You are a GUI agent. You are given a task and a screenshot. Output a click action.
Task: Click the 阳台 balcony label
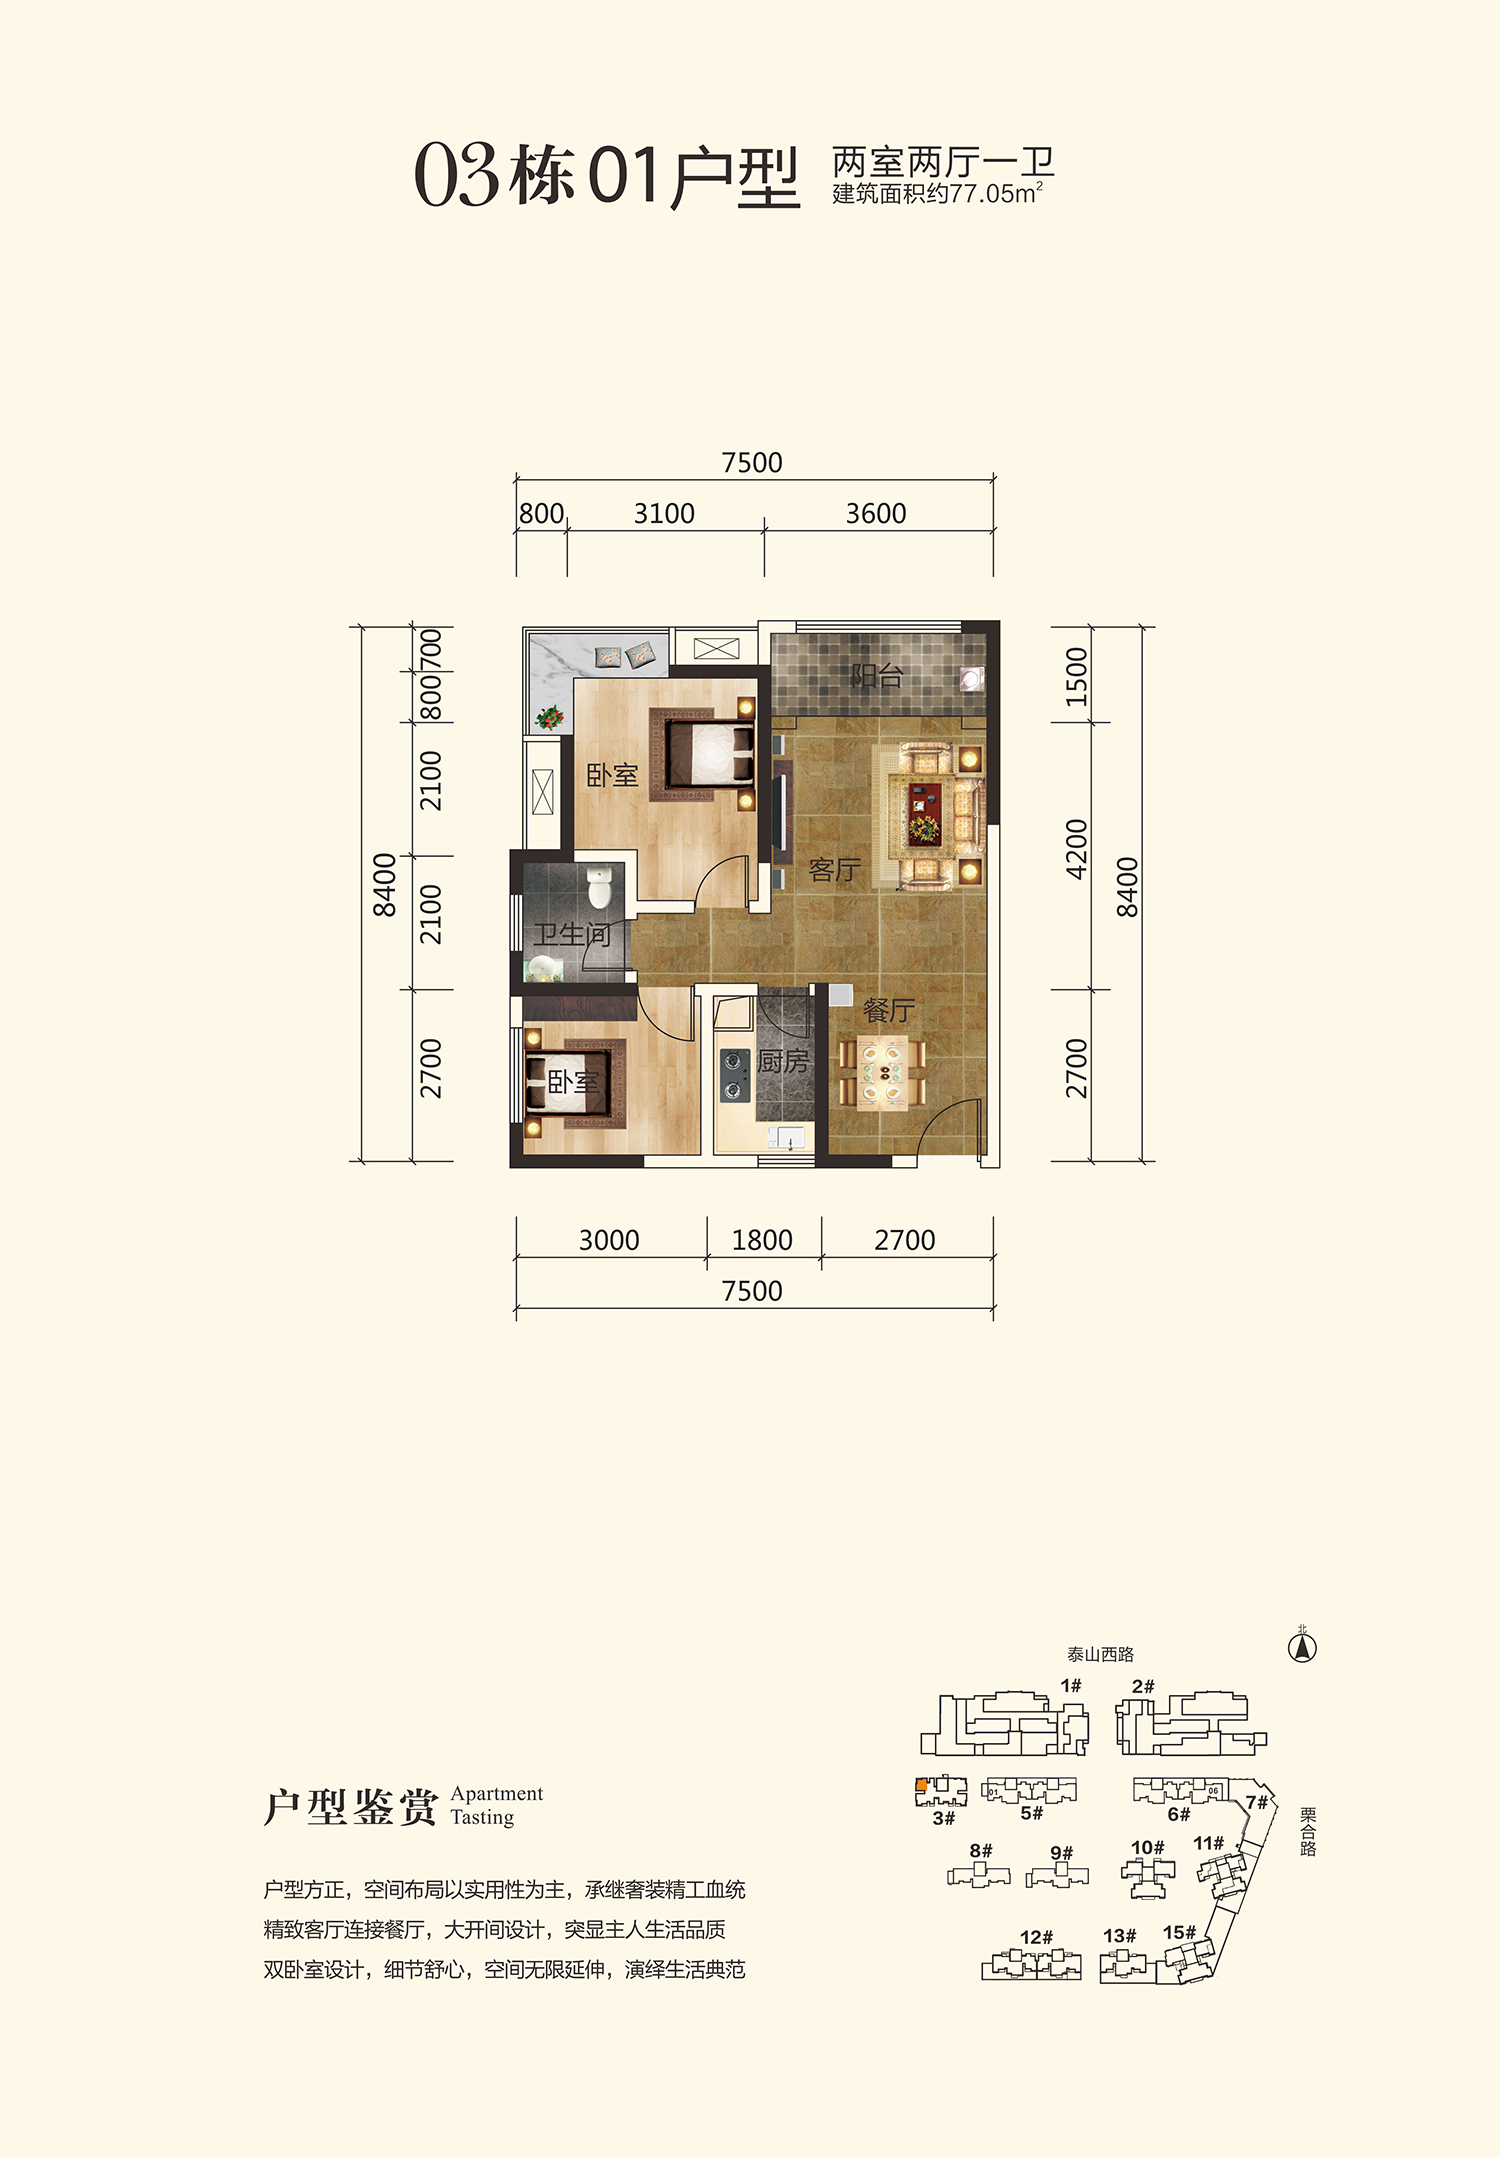click(x=877, y=676)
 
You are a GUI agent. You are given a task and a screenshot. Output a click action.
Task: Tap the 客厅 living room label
click(x=834, y=870)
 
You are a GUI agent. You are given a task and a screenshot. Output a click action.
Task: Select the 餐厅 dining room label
click(x=888, y=1011)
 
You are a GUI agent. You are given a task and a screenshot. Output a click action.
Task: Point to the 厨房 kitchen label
click(x=782, y=1061)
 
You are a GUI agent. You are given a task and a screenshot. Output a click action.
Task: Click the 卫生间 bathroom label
click(x=571, y=935)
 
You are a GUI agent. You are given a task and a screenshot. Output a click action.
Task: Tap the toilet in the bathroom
click(x=598, y=886)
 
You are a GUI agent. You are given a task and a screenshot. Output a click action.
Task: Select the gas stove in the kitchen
click(x=735, y=1073)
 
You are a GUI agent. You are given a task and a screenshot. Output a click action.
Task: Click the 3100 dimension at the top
click(x=664, y=514)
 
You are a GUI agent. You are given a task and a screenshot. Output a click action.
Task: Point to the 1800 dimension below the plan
click(x=762, y=1241)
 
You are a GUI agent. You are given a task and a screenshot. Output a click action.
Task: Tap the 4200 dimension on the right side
click(x=1076, y=849)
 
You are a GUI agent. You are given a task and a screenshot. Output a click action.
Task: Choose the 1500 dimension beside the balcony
click(x=1076, y=677)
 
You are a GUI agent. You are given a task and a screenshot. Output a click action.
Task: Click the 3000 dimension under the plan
click(x=609, y=1241)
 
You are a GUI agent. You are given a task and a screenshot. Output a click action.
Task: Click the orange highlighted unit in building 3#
click(x=921, y=1785)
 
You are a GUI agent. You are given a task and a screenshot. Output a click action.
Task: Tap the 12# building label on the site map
click(x=1036, y=1937)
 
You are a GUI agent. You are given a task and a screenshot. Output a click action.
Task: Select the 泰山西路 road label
click(x=1100, y=1655)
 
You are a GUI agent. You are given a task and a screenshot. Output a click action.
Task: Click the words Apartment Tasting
click(x=497, y=1805)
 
